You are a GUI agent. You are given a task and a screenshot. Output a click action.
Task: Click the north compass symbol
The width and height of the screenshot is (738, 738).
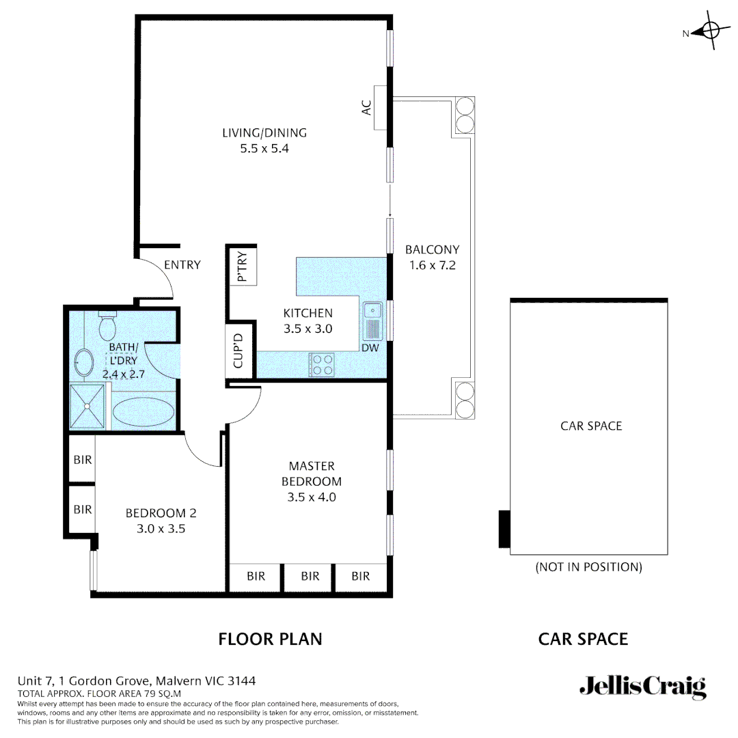(x=709, y=31)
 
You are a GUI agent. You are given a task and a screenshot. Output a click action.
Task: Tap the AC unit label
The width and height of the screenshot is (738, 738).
(x=367, y=107)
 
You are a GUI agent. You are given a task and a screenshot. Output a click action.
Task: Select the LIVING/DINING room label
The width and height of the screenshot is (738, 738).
(x=264, y=133)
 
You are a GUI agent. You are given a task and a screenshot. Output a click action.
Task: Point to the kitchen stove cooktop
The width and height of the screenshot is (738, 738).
(x=321, y=364)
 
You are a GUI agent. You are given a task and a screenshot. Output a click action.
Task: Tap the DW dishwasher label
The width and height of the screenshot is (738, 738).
(x=370, y=348)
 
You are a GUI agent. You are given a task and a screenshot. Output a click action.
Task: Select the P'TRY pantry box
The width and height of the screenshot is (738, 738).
(x=242, y=266)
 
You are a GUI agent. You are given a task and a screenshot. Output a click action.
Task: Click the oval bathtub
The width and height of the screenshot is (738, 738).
(x=143, y=413)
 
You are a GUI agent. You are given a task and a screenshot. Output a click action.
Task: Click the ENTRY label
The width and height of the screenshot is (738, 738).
(x=182, y=265)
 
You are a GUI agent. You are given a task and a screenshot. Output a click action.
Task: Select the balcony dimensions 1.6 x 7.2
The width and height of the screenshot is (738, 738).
(x=432, y=265)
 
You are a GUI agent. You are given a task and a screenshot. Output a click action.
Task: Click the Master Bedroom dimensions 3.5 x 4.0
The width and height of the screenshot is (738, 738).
(x=312, y=497)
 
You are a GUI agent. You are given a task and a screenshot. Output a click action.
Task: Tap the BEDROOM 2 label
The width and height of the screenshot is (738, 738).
(x=161, y=512)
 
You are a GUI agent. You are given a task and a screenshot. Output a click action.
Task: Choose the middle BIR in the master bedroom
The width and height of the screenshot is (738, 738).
(x=310, y=576)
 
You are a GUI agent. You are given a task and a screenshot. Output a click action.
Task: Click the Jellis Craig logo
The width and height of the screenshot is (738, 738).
(x=642, y=686)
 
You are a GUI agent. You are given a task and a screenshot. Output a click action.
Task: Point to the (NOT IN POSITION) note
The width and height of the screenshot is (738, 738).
(x=588, y=566)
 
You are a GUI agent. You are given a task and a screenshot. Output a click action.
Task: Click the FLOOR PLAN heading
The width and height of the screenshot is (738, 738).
(x=270, y=639)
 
